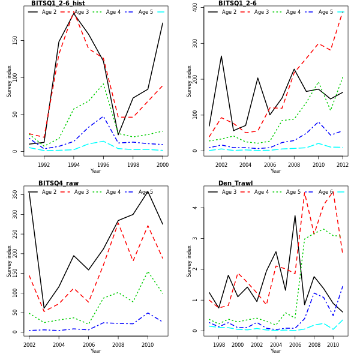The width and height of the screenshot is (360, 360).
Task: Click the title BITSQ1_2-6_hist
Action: [x=58, y=4]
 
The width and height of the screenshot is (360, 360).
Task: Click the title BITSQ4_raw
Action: [x=58, y=184]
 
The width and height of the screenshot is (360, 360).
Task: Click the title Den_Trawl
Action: [x=235, y=184]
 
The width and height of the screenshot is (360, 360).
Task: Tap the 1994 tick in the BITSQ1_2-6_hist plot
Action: [x=74, y=165]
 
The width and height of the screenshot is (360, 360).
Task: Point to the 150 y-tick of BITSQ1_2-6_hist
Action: [x=15, y=40]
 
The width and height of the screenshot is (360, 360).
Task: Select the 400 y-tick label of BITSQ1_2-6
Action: [x=195, y=8]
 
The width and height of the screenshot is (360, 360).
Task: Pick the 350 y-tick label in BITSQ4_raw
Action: [x=15, y=194]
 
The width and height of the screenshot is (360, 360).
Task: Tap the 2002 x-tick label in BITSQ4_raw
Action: [x=29, y=345]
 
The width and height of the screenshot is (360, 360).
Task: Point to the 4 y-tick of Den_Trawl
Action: [x=195, y=208]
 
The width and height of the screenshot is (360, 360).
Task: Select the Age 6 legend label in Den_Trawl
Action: [x=326, y=192]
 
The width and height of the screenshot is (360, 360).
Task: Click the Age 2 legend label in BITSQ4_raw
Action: [x=49, y=192]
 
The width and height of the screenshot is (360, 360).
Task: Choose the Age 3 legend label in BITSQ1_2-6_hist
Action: [x=82, y=12]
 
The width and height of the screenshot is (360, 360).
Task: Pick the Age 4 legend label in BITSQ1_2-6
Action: [x=293, y=12]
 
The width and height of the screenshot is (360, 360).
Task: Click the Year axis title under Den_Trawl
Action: [x=275, y=351]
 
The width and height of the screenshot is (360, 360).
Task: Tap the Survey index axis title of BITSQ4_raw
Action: [x=9, y=261]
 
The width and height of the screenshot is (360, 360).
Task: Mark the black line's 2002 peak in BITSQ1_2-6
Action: [x=221, y=56]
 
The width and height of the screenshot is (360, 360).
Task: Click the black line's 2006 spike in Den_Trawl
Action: [x=295, y=216]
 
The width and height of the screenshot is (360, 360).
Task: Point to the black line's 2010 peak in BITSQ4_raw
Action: [x=148, y=191]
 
